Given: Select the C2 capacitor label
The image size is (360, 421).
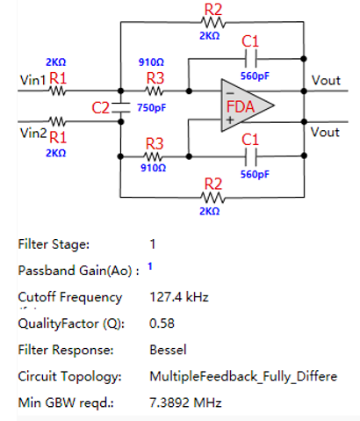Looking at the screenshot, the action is click(100, 108).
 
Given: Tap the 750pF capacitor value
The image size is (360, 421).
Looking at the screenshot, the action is click(151, 108).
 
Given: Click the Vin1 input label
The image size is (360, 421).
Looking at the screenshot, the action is click(32, 80).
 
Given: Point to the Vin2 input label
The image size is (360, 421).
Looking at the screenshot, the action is click(33, 134).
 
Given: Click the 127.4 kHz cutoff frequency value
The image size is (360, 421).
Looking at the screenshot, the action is click(179, 297).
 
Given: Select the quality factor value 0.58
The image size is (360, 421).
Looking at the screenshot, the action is click(162, 323).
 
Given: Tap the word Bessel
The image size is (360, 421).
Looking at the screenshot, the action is click(168, 350).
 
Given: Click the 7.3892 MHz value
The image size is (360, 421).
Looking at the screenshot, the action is click(185, 403).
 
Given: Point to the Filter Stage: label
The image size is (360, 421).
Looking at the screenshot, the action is click(54, 244).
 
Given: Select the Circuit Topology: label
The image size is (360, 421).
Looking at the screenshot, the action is click(69, 376).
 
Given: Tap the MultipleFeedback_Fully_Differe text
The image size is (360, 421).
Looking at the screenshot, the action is click(243, 376).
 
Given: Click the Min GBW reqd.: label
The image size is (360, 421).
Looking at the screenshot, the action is click(66, 403).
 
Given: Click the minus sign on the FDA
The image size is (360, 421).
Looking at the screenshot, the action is click(230, 94).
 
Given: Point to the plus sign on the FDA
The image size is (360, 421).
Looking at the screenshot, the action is click(230, 120).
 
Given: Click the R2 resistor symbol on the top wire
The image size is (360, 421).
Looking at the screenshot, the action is click(213, 22).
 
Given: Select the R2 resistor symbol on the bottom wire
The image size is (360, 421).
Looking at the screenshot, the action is click(213, 198).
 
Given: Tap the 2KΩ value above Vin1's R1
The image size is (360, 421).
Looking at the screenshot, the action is click(56, 62).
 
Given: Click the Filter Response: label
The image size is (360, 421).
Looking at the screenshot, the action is click(66, 350).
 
